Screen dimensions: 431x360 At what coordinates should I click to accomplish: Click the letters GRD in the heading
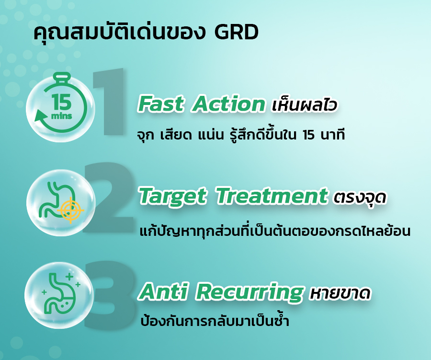pos(236,32)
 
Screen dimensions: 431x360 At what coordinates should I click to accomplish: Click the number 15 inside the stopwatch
pos(62,102)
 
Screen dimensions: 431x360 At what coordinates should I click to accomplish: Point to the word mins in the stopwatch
pos(62,116)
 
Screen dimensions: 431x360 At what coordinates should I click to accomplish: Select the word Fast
pos(161,104)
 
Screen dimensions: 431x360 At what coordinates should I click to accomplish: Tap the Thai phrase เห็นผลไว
pos(304,105)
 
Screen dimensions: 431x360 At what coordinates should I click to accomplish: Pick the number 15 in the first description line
pos(309,135)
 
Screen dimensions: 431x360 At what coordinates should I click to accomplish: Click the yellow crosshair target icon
pos(71,210)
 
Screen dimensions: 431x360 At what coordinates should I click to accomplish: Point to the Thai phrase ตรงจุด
pos(360,197)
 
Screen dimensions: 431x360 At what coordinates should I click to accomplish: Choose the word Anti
pos(164,291)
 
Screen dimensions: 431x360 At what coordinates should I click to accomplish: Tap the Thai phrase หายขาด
pos(340,293)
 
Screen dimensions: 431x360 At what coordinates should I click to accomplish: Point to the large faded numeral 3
pos(110,294)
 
